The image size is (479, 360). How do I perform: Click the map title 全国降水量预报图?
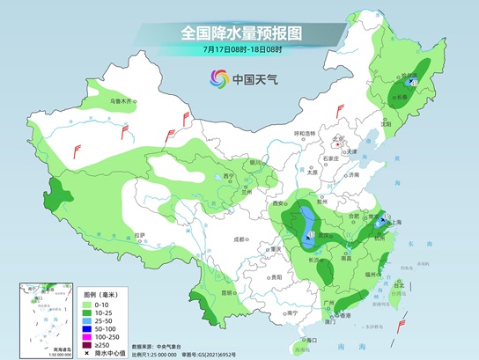tap(239, 33)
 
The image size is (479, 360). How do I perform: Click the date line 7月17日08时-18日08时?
tap(239, 50)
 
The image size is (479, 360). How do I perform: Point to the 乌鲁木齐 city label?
tap(125, 102)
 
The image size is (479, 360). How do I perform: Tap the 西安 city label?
tap(279, 203)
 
